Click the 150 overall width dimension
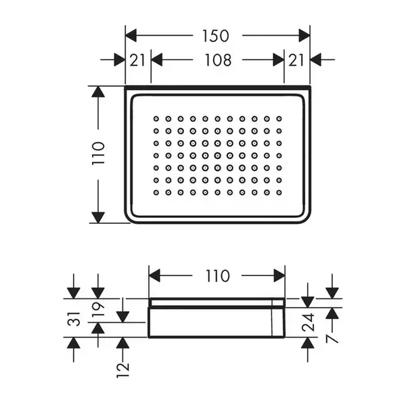coord(216,36)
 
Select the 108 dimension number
coord(218,60)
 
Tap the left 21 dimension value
coord(137,60)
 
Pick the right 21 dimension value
coord(296,60)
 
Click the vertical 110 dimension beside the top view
coord(98,153)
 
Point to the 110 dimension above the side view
coord(217,276)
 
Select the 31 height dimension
coord(74,319)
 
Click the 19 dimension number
coord(98,309)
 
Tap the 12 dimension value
coord(122,370)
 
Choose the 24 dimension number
coord(308,322)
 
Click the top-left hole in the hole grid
coord(156,119)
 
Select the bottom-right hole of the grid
coord(279,193)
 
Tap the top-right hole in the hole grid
coord(279,119)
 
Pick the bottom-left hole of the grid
coord(156,193)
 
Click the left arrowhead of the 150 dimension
coord(131,35)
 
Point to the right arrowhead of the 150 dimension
coord(304,35)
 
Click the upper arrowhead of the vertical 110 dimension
coord(98,91)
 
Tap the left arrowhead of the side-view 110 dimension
coord(154,275)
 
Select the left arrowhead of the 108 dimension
coord(157,60)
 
